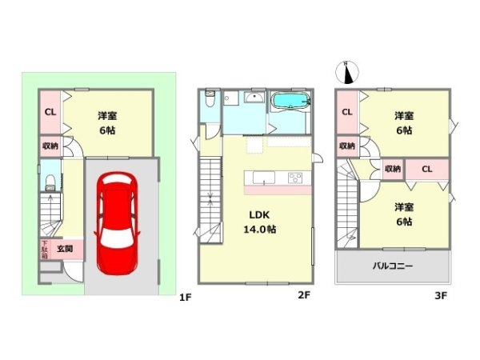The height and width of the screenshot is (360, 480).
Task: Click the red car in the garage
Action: tap(118, 223)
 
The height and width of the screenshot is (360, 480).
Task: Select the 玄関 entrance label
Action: tap(65, 250)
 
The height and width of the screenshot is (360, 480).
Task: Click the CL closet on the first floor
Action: tap(49, 113)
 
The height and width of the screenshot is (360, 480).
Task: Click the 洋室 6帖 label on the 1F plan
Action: tap(108, 121)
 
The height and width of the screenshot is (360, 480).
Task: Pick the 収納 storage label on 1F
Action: tap(49, 146)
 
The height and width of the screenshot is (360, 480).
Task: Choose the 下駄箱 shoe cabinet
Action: tap(45, 250)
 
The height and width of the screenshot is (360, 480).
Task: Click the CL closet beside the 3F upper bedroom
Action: tap(347, 112)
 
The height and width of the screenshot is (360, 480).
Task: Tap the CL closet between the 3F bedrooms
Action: tap(426, 169)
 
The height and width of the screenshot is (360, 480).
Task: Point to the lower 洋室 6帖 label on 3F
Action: tap(403, 214)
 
